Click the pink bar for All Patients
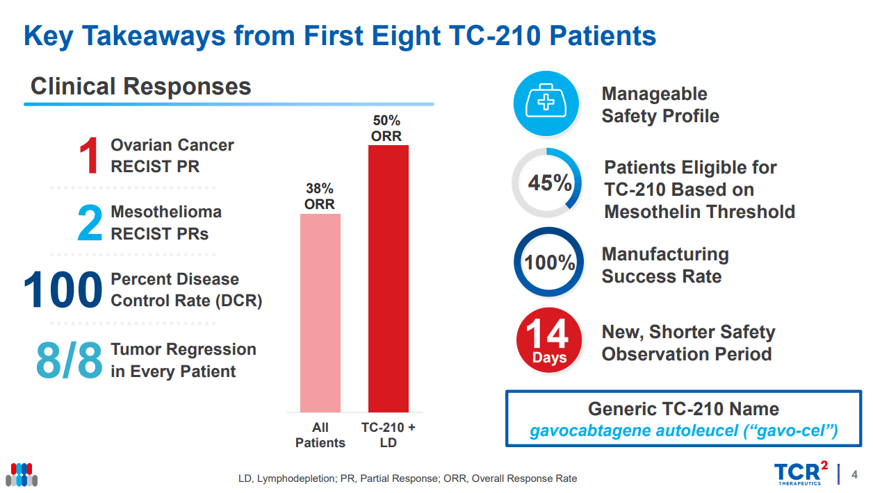[x=320, y=312]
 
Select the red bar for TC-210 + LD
[x=388, y=278]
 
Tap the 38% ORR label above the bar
[x=320, y=197]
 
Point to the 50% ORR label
[x=386, y=128]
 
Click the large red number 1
[x=89, y=156]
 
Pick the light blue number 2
[x=90, y=224]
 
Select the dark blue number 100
[x=63, y=290]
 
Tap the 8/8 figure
[x=69, y=360]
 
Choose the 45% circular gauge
[x=548, y=183]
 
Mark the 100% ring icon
[x=548, y=262]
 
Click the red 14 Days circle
[x=549, y=341]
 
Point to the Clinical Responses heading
[x=141, y=87]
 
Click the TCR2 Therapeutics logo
[x=800, y=474]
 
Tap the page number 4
[x=854, y=475]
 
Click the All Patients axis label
[x=320, y=435]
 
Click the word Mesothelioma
[x=166, y=212]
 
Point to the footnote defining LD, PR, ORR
[x=407, y=478]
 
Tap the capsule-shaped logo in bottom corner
[x=22, y=474]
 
